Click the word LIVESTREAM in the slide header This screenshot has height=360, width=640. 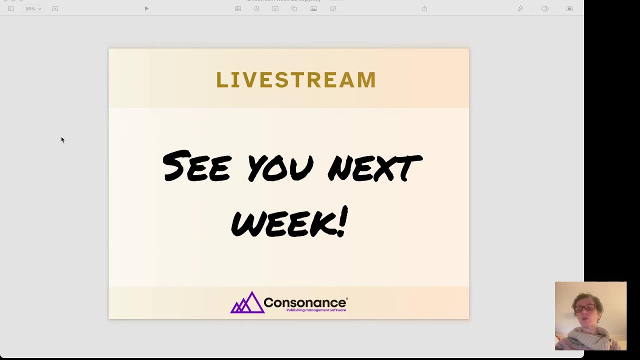click(x=295, y=80)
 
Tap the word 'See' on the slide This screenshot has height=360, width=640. click(x=196, y=166)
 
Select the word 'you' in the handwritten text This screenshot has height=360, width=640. click(x=280, y=167)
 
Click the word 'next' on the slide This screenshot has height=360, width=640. click(x=375, y=167)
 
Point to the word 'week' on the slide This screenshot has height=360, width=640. click(x=282, y=223)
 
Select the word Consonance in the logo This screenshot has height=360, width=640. click(x=304, y=302)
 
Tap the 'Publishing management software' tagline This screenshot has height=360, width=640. click(x=316, y=310)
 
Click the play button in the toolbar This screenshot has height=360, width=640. click(x=146, y=8)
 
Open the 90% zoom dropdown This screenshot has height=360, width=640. click(x=33, y=8)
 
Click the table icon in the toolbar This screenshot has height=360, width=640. click(x=238, y=8)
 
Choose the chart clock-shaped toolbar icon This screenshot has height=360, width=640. click(x=256, y=8)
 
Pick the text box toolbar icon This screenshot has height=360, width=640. click(x=275, y=8)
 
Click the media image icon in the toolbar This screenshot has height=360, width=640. click(x=313, y=8)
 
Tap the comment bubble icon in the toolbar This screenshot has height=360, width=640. click(x=333, y=8)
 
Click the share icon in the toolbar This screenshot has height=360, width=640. click(x=424, y=8)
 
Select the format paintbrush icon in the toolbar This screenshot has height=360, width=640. click(x=520, y=8)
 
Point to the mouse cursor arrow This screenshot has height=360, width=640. click(x=62, y=140)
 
